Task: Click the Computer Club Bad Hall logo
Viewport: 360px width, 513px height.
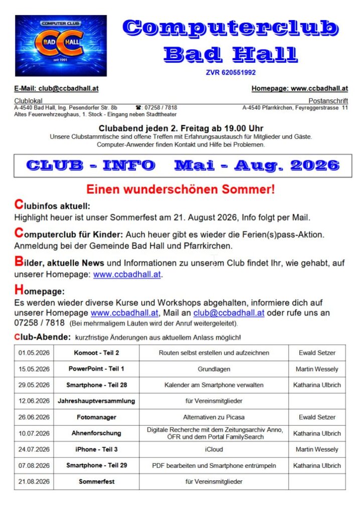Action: click(61, 46)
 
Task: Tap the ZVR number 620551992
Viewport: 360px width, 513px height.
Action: click(231, 72)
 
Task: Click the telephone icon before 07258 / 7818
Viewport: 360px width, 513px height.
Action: click(138, 108)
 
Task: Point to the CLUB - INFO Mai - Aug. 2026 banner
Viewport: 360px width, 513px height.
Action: click(183, 165)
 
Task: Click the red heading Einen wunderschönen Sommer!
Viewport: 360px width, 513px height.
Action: click(181, 190)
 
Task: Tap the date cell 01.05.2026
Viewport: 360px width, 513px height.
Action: click(34, 353)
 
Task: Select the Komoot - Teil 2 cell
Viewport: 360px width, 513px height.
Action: click(96, 353)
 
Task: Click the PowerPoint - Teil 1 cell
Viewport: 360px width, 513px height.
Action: click(96, 369)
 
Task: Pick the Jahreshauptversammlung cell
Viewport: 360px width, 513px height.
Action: click(96, 401)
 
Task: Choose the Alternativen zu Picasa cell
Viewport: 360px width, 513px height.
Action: click(214, 417)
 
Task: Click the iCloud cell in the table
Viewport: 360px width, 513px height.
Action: click(214, 449)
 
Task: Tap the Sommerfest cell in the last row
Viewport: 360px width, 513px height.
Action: click(96, 482)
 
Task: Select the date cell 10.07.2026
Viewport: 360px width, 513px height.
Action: click(34, 433)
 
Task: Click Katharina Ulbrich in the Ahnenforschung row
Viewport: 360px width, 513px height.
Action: click(317, 433)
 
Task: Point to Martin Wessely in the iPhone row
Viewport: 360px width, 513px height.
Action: click(317, 449)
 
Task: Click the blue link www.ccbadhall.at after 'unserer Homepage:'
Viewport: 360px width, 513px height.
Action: click(127, 275)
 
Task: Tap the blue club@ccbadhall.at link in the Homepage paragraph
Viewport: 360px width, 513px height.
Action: click(229, 313)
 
